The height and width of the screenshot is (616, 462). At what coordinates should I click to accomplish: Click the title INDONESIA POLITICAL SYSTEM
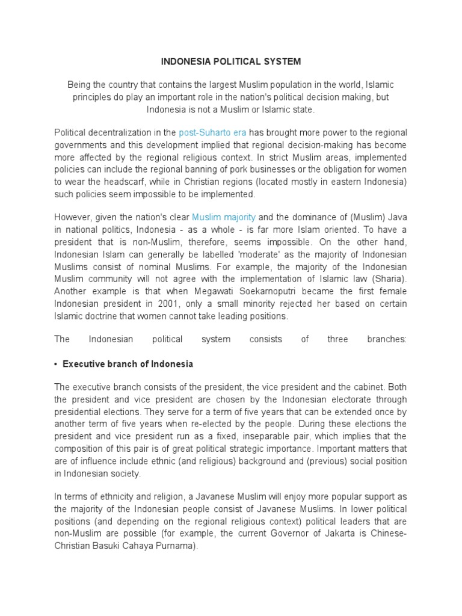tap(230, 61)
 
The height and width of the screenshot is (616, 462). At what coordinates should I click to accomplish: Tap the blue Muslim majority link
tap(224, 217)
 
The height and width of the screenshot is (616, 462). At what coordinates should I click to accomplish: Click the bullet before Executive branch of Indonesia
tap(56, 365)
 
